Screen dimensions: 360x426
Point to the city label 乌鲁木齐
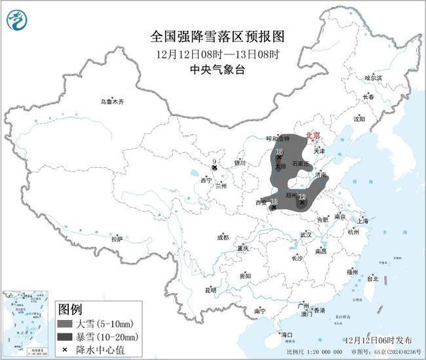111,102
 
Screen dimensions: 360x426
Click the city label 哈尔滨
373,77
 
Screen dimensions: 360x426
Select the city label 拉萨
117,239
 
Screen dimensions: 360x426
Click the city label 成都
223,237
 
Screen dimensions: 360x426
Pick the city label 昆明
210,289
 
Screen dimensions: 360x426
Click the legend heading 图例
69,308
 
